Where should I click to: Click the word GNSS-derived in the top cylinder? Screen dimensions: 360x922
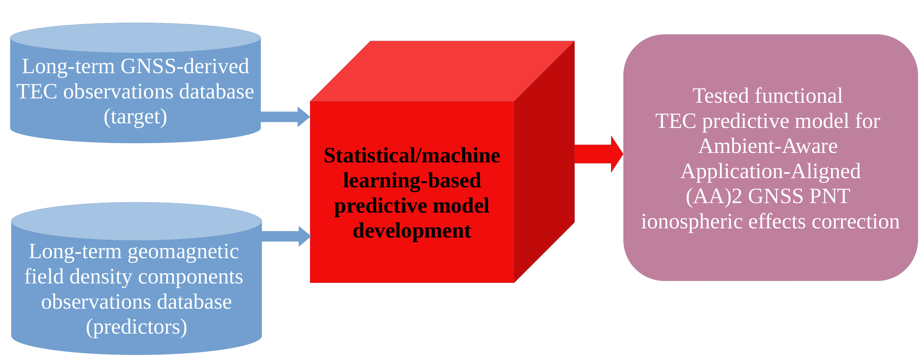(x=184, y=66)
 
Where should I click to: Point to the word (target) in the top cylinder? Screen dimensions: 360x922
(x=135, y=117)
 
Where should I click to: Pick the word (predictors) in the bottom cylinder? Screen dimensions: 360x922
(x=137, y=327)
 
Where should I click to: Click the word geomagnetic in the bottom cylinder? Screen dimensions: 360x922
(x=183, y=251)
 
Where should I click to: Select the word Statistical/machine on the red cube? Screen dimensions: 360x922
(x=412, y=156)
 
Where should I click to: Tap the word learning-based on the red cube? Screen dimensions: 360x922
(x=412, y=180)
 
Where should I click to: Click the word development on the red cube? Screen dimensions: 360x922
(x=412, y=231)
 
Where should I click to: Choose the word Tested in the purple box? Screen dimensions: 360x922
(x=721, y=96)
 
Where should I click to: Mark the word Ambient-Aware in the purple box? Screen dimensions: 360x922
(x=768, y=146)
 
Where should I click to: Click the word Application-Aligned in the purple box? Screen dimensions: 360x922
(x=770, y=171)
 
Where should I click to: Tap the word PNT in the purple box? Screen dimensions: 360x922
(x=830, y=196)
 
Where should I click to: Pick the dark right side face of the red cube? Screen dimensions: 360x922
(x=544, y=161)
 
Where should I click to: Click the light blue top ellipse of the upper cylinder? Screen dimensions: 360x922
(x=135, y=38)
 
